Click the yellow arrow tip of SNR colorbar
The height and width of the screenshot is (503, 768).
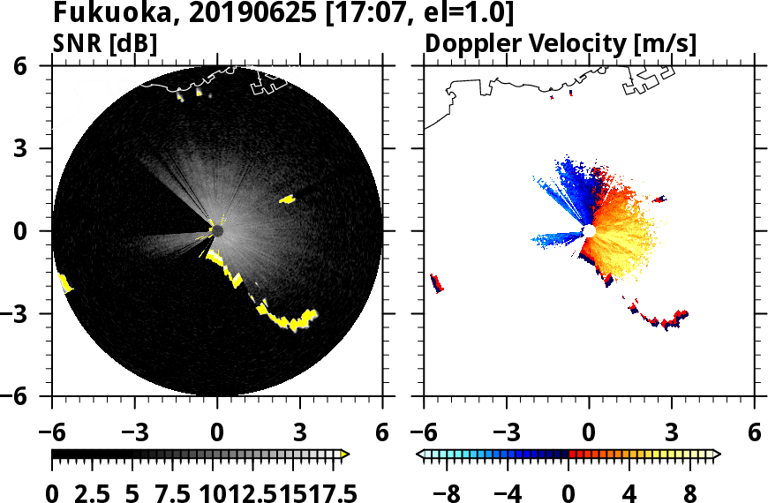point(345,454)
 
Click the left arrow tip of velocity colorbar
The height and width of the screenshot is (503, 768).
point(421,454)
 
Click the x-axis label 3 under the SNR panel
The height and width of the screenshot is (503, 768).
point(300,434)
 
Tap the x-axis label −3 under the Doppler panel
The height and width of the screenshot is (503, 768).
point(506,434)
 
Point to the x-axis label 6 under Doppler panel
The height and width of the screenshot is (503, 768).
point(754,434)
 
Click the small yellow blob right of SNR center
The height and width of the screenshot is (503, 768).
point(288,199)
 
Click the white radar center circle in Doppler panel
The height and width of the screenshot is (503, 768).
point(589,231)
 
